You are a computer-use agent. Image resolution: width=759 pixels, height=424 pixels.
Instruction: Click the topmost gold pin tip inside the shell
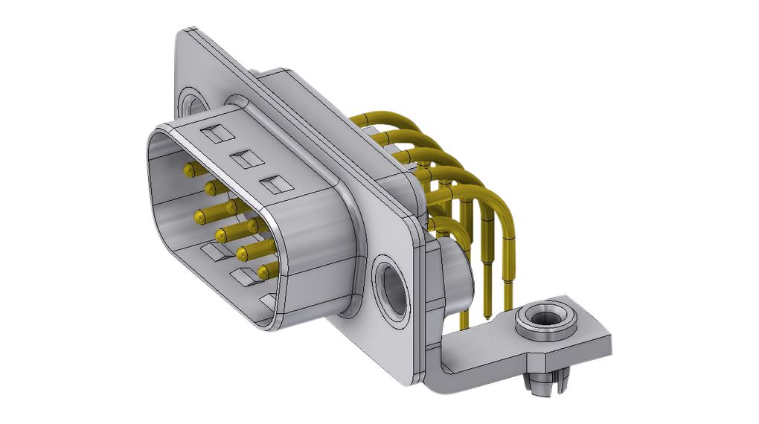click(188, 170)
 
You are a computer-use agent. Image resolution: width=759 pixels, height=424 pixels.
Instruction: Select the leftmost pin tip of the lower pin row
click(199, 217)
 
